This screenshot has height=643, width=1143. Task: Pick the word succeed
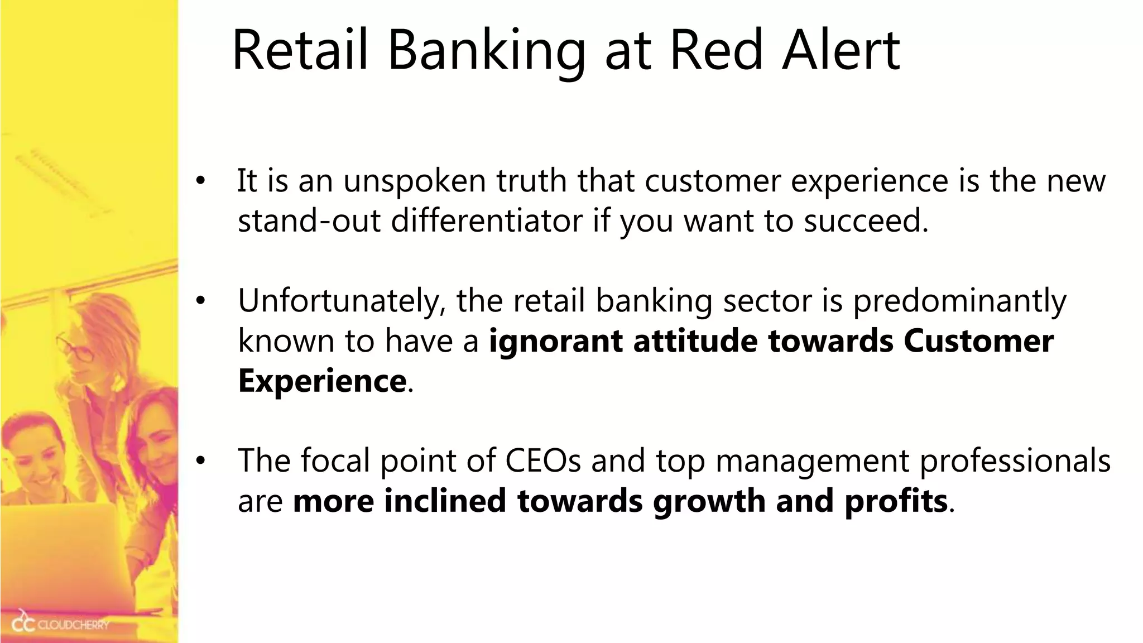(x=866, y=220)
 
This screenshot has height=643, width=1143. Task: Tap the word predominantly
(x=959, y=301)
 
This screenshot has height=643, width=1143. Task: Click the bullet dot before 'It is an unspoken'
(x=200, y=182)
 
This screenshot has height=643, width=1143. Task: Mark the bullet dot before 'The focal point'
(x=200, y=461)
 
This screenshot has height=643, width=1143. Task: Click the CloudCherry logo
(x=61, y=624)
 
